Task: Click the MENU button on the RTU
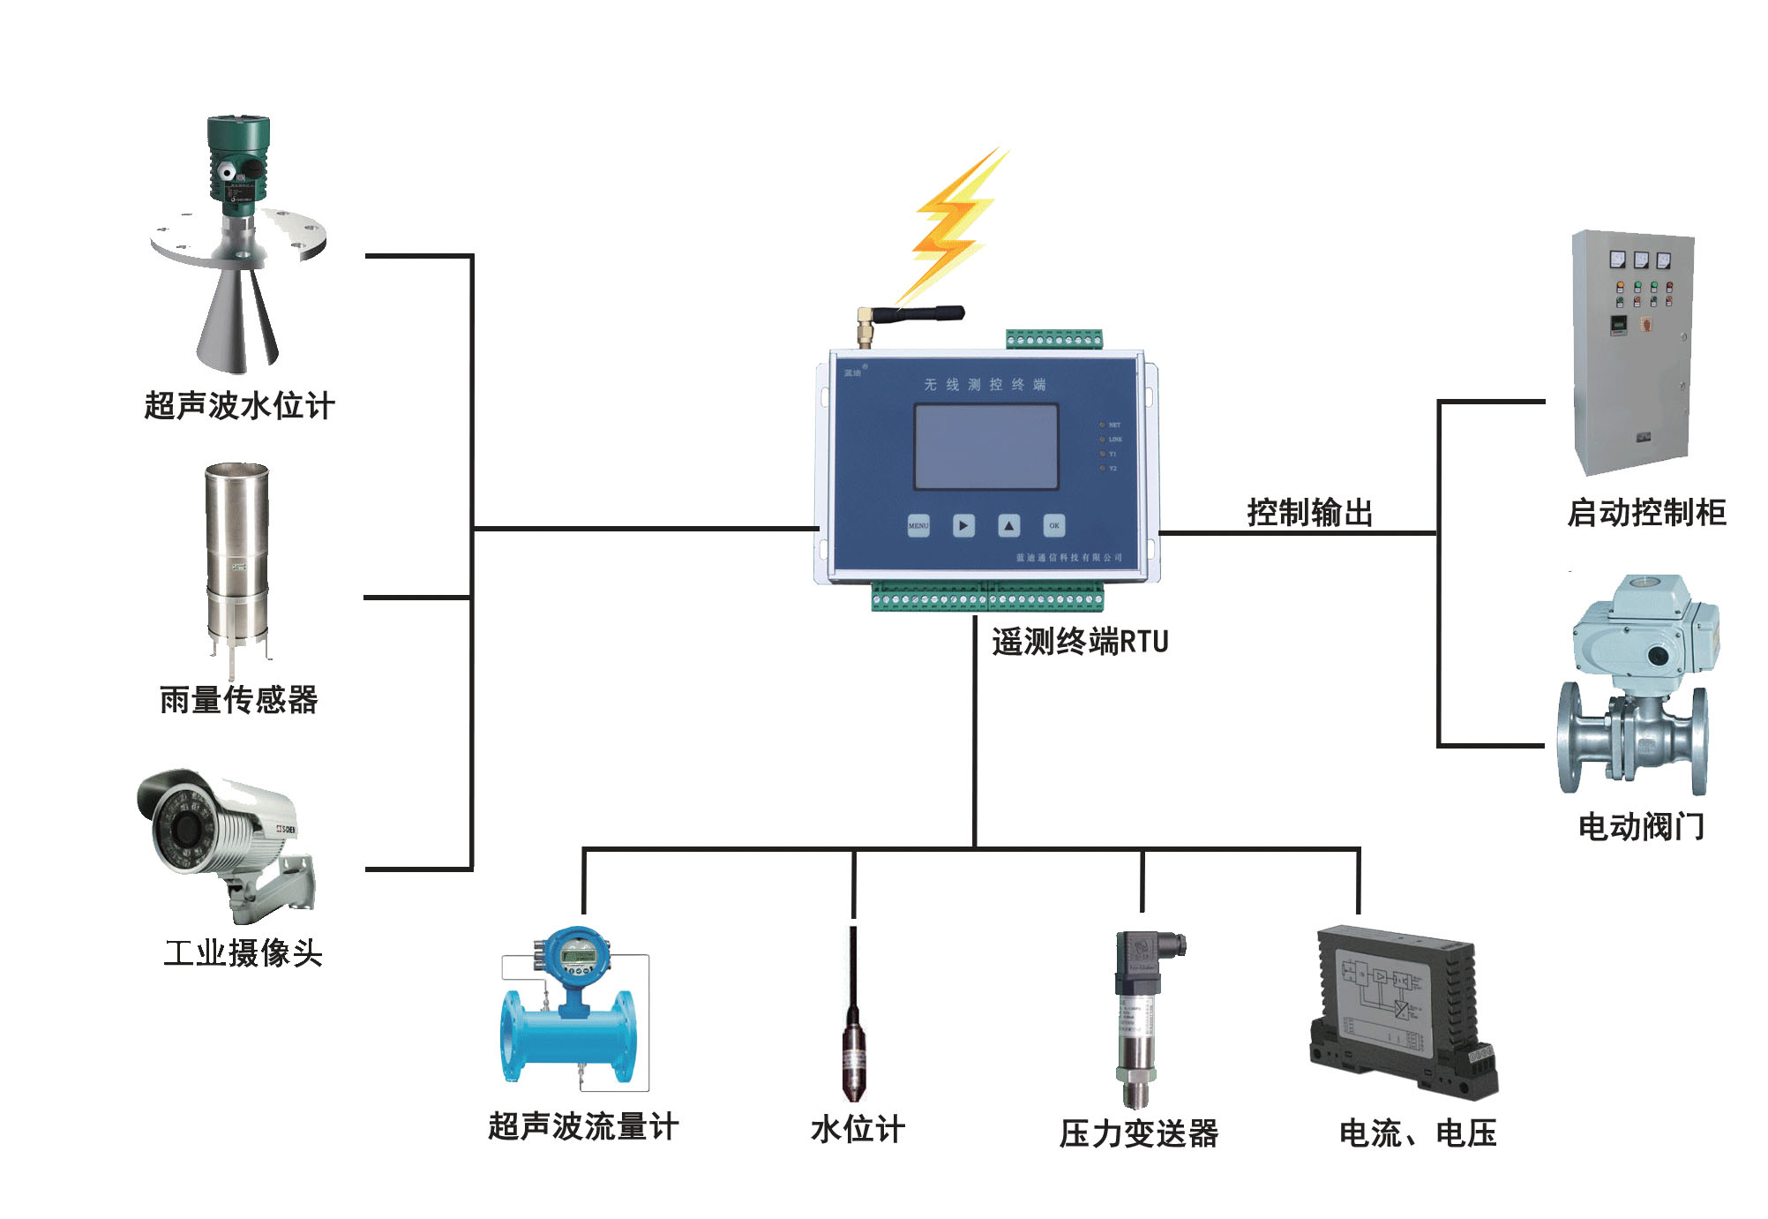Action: pos(918,526)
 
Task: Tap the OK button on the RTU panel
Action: pos(1053,526)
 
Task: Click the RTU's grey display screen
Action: pos(985,447)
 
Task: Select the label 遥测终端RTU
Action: pos(1080,642)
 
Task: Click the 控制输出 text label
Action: pos(1310,513)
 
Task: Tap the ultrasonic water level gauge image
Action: pos(236,247)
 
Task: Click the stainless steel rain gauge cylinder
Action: pos(236,552)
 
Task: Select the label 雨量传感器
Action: pos(238,700)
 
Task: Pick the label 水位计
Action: pos(858,1129)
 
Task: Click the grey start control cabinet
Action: pos(1632,353)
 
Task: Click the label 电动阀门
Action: pos(1641,827)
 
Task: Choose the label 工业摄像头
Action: pos(243,953)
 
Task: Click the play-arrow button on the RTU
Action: pos(963,526)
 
